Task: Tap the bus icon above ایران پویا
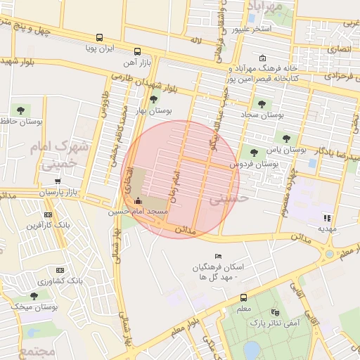click(x=99, y=38)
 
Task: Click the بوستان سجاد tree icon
click(x=262, y=104)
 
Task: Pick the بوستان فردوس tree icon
click(x=254, y=152)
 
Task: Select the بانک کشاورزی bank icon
click(x=60, y=270)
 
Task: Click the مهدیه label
click(x=327, y=229)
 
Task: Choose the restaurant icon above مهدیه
click(x=327, y=217)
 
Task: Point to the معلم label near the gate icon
click(x=244, y=308)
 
